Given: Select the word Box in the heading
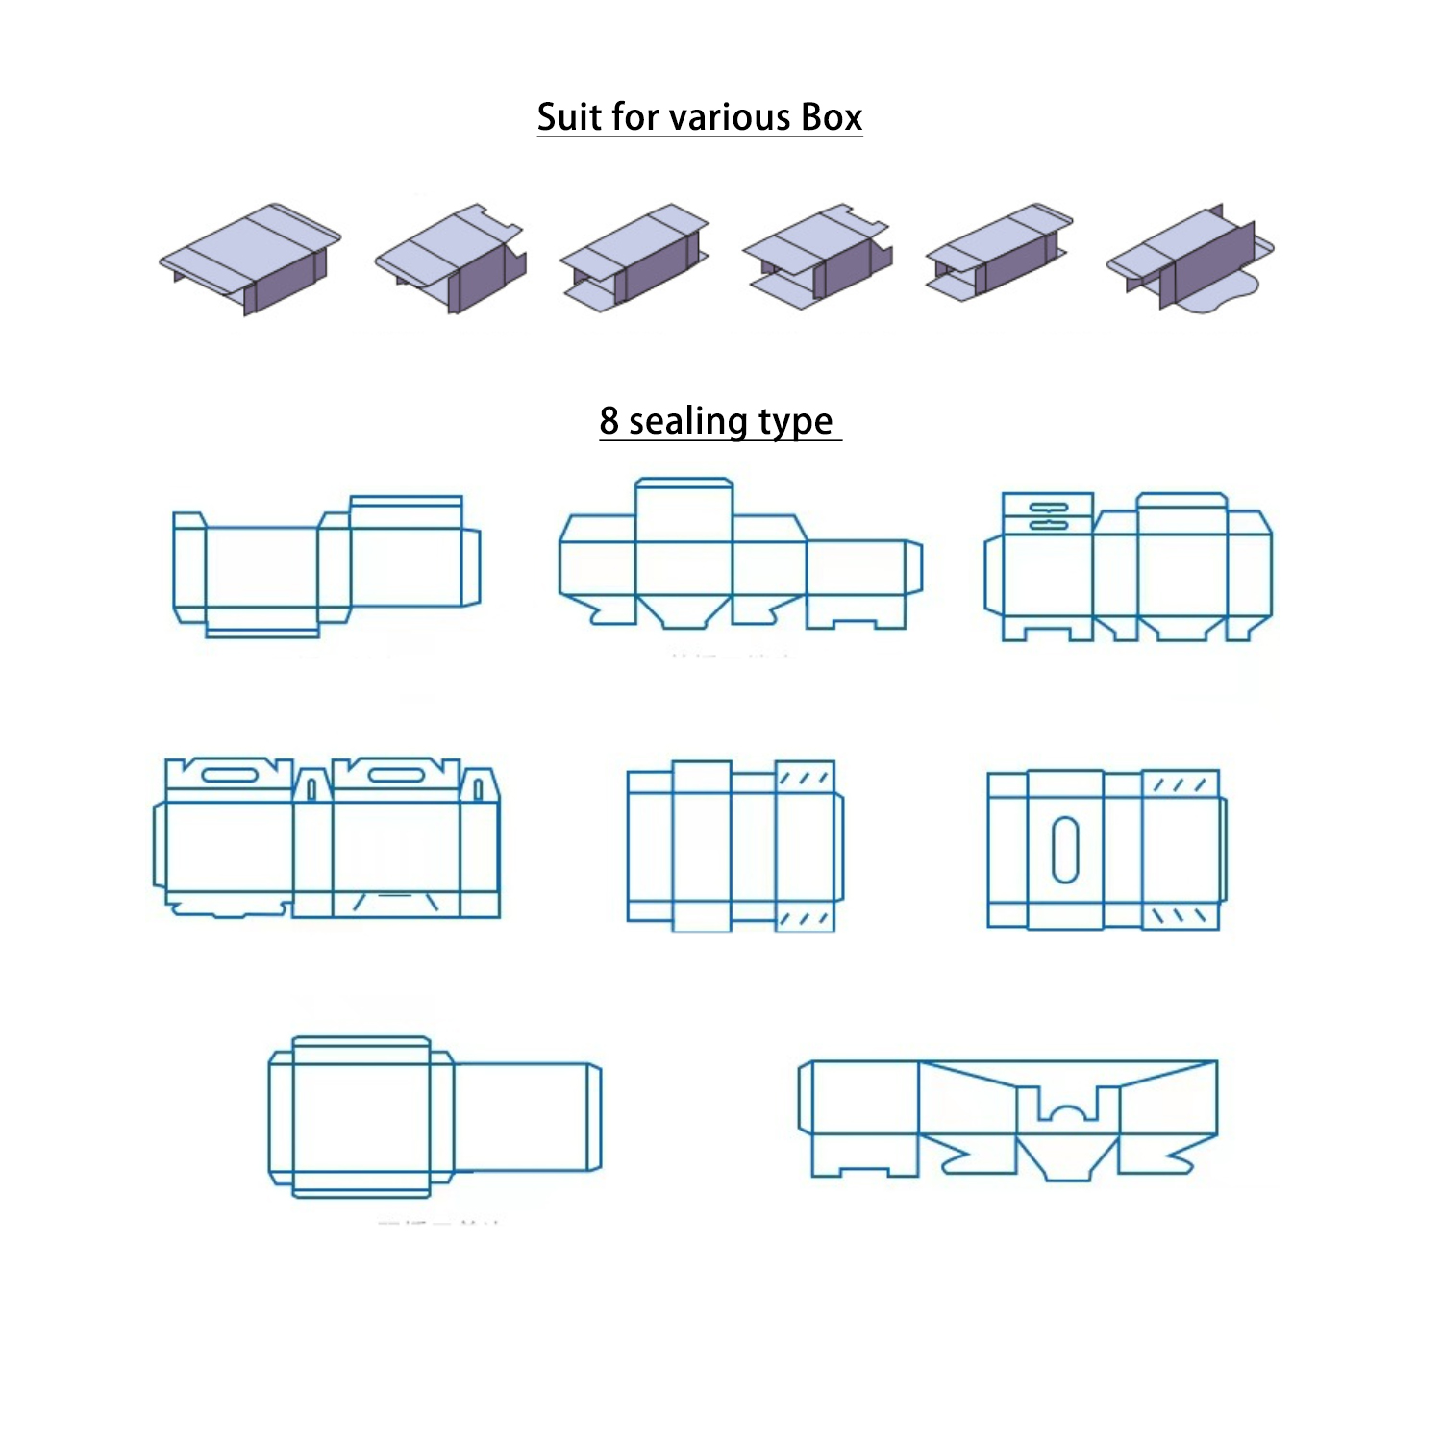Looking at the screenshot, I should click(x=832, y=117).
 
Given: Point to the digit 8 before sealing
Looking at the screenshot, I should click(x=609, y=420).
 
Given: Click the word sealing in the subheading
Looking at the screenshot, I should click(x=687, y=422).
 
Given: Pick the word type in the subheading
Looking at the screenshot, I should click(x=795, y=422).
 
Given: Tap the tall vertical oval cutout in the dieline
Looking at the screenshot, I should click(x=1064, y=849).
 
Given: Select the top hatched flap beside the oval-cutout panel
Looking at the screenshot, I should click(x=1180, y=783).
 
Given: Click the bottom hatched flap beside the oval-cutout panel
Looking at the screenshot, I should click(x=1180, y=915).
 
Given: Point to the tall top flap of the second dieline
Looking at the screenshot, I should click(x=684, y=510).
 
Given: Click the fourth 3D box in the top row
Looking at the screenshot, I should click(x=817, y=256).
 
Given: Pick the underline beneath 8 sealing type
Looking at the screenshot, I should click(x=720, y=440).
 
